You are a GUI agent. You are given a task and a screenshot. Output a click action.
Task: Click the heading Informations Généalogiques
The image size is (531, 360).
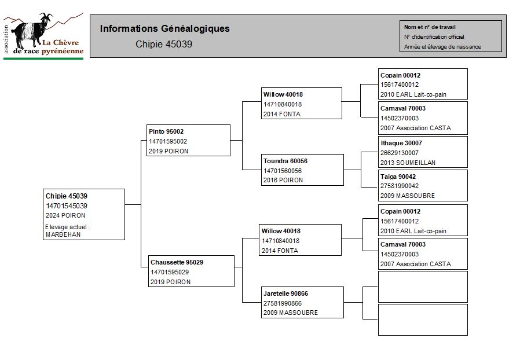(164, 28)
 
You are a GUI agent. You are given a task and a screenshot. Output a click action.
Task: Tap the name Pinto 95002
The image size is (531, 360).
(166, 131)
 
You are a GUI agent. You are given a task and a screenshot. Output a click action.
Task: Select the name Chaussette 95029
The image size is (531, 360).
(177, 262)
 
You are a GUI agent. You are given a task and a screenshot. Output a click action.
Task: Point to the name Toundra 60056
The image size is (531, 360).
(285, 161)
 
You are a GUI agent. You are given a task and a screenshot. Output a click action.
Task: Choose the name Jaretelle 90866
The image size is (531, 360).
(285, 293)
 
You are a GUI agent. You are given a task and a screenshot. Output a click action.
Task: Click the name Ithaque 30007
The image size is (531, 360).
(401, 143)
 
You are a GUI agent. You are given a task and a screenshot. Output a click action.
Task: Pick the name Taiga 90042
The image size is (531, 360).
(398, 177)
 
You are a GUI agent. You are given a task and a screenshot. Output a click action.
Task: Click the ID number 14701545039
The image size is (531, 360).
(67, 205)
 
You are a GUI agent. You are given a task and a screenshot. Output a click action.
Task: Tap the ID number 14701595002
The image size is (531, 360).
(167, 141)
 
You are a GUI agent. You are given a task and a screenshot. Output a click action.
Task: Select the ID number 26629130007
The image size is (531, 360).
(400, 153)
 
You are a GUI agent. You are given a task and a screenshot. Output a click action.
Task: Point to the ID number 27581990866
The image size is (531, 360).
(283, 303)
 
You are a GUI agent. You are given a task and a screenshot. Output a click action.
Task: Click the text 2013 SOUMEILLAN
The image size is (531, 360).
(408, 163)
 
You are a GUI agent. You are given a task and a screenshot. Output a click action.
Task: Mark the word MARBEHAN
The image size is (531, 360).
(63, 234)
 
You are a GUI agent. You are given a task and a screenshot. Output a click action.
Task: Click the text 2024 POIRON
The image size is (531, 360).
(65, 215)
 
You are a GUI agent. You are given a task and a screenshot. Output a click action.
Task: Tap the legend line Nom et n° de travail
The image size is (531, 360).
(430, 27)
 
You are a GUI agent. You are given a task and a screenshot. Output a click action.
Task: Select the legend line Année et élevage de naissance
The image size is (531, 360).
(442, 47)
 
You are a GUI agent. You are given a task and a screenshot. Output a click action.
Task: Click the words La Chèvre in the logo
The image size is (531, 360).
(60, 43)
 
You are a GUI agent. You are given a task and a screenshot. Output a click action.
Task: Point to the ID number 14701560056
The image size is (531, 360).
(283, 171)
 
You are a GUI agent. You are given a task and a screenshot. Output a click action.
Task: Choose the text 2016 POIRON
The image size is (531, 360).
(283, 181)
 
